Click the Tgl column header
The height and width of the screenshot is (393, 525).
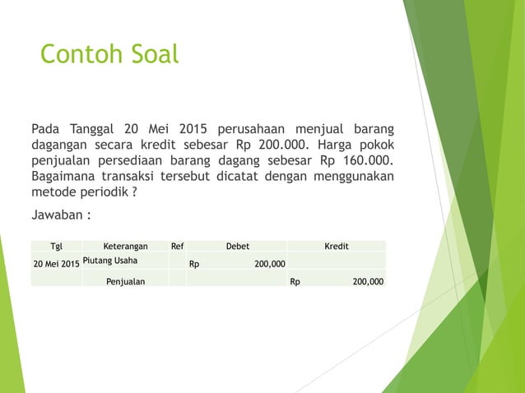(56, 245)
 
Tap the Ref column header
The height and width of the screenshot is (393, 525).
(177, 245)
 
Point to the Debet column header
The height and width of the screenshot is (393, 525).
(237, 245)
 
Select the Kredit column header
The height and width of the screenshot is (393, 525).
(336, 245)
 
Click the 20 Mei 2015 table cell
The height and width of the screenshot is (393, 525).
(56, 264)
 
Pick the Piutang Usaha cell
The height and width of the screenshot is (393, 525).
(110, 261)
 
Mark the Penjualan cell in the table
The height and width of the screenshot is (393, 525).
(125, 281)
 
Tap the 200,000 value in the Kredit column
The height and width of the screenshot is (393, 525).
(367, 281)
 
